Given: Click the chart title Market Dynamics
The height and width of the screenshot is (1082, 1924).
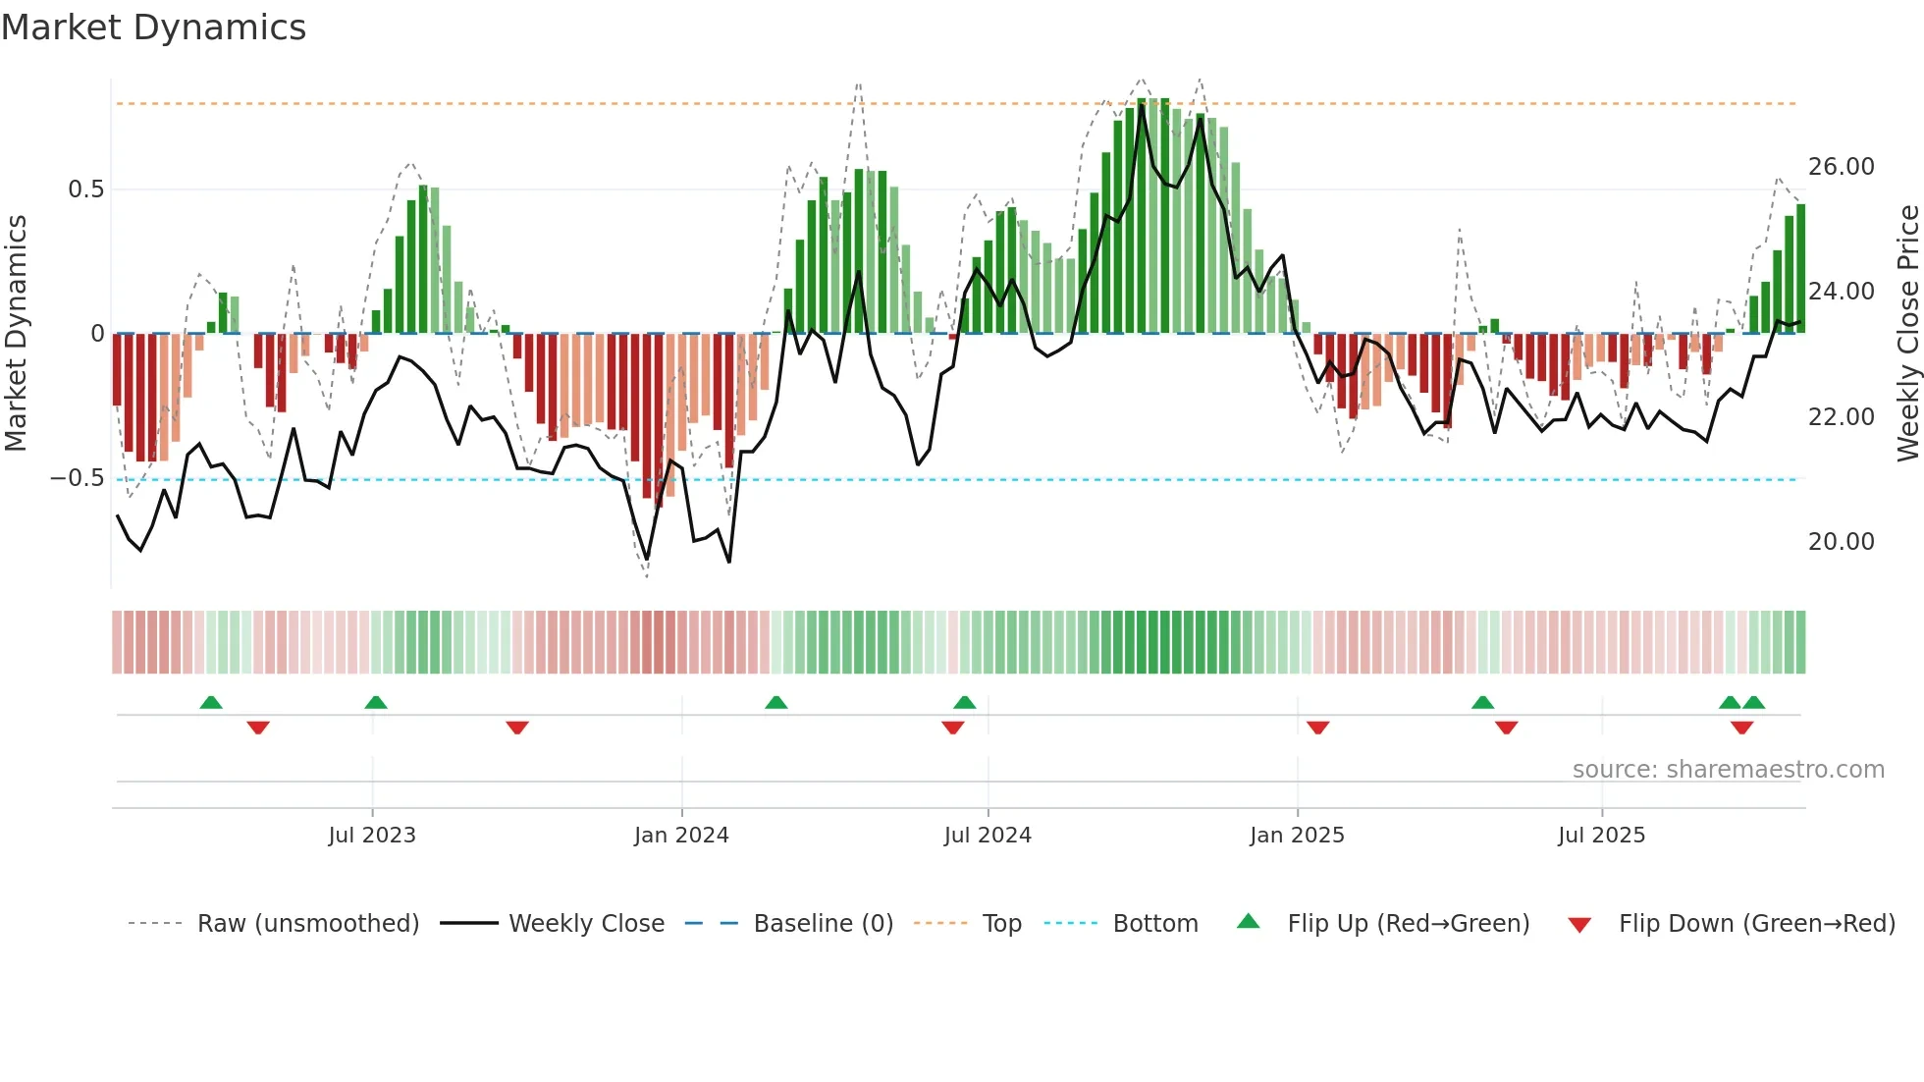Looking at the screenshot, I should pos(153,27).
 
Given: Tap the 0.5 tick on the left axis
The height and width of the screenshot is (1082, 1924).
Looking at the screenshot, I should pos(85,189).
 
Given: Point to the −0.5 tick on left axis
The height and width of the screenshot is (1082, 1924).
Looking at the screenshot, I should pos(77,478).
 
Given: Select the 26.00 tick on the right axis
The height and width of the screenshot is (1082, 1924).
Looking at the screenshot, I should pos(1841,167).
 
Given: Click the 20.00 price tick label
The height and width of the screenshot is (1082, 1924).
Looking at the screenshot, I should pos(1841,542).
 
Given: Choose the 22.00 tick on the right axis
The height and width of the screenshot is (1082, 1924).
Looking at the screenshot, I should pos(1841,417).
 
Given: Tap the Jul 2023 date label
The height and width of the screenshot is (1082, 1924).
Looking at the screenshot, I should pos(372,836).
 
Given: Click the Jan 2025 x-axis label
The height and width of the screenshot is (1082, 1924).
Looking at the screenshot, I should pos(1297,836).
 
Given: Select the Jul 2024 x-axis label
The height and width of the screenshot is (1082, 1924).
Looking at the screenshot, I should pos(988,836).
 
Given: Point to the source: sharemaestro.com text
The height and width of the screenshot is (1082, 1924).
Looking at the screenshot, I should pos(1728,770).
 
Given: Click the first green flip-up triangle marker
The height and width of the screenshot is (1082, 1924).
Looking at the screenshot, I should pos(211,702).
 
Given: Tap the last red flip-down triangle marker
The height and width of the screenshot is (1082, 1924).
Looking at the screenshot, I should pos(1741,728).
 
